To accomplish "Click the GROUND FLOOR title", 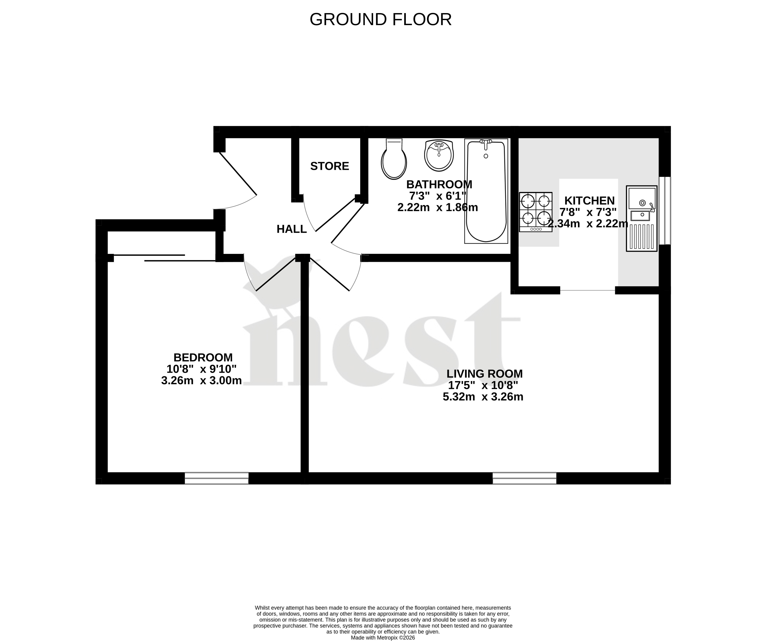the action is (380, 20).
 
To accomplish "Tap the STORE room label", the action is (329, 166).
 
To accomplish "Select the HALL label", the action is (291, 229).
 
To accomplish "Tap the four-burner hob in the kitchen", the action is (536, 212).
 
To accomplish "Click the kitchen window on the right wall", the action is (665, 211).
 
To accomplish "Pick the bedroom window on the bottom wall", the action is (217, 478).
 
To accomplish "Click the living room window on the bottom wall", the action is (524, 478).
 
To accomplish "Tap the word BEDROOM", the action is (203, 357).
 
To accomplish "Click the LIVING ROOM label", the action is (484, 374).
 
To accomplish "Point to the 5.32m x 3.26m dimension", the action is (483, 397).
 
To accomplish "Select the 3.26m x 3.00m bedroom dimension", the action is (201, 380).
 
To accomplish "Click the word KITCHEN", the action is (590, 201).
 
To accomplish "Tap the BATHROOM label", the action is (439, 184).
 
